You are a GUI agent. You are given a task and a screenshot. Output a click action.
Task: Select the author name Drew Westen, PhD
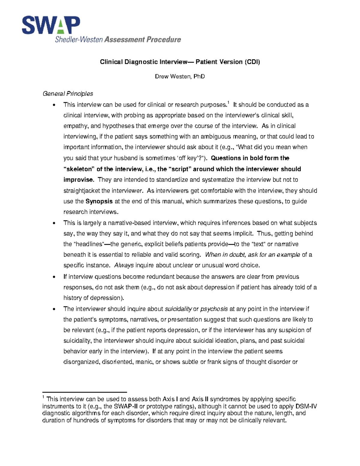click(180, 77)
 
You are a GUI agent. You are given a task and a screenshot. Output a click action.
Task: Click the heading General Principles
click(68, 94)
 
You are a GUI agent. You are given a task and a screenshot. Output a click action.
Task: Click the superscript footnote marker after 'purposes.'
click(228, 103)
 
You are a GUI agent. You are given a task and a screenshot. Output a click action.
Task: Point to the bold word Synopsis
click(99, 201)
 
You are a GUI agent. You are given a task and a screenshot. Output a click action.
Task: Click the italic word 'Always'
click(124, 265)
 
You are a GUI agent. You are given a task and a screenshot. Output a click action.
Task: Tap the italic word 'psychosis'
click(214, 309)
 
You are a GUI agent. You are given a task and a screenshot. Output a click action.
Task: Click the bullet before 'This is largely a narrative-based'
click(54, 223)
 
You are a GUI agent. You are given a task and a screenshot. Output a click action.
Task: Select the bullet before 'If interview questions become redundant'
click(54, 277)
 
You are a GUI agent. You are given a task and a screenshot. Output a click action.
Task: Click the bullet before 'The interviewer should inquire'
click(54, 309)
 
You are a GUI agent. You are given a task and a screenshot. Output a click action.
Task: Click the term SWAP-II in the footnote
click(126, 406)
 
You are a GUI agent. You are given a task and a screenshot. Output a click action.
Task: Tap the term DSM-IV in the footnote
click(306, 406)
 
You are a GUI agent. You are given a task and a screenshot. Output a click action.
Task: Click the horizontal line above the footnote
click(85, 392)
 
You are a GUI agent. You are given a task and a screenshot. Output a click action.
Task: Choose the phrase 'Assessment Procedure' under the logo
click(143, 40)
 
